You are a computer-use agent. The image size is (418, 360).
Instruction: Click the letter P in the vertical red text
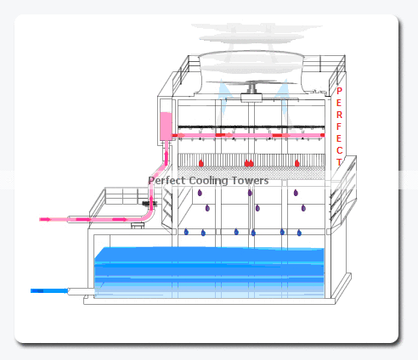[339, 91]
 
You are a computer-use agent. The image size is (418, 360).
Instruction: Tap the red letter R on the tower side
[339, 115]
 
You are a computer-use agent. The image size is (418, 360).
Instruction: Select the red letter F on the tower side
[339, 127]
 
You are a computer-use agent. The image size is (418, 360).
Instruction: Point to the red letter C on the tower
[340, 150]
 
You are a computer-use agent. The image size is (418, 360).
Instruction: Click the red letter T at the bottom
[339, 162]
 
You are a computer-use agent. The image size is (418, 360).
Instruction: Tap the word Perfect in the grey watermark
[167, 180]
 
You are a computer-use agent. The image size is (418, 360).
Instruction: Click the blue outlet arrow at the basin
[49, 290]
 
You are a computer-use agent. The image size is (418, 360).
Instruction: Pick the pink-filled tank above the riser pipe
[166, 127]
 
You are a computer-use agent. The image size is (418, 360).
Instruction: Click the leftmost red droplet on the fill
[201, 163]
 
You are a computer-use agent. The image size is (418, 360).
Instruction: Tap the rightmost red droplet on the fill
[297, 163]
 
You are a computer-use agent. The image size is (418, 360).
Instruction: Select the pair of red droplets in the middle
[249, 163]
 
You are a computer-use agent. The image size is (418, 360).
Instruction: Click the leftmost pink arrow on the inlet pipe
[45, 219]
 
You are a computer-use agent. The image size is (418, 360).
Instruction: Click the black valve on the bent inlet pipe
[150, 203]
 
